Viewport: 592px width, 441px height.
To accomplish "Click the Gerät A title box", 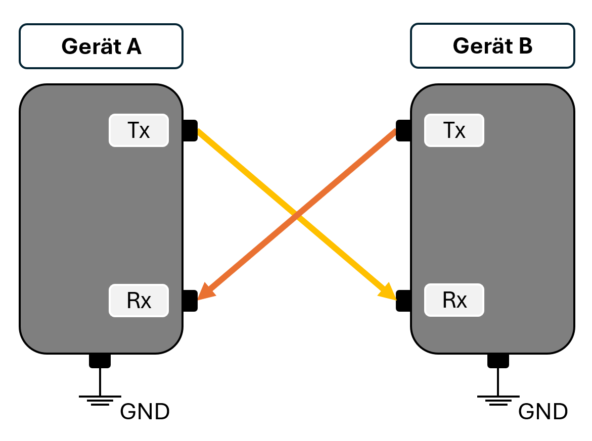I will click(x=101, y=46).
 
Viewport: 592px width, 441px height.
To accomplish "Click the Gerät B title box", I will click(x=492, y=46).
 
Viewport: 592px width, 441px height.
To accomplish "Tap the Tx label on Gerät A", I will click(x=139, y=130).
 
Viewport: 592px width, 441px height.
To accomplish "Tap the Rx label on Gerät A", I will click(x=139, y=301).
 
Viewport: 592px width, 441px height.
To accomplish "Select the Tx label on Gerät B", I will click(x=454, y=130).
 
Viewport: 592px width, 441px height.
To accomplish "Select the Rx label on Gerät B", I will click(x=454, y=300).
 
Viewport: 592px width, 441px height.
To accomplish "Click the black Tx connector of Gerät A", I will click(x=190, y=130).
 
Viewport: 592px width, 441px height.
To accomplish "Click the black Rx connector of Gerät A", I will click(x=190, y=301).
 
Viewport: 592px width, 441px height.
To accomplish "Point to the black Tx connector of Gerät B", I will click(x=403, y=130).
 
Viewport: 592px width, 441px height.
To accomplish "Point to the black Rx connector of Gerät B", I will click(x=403, y=301).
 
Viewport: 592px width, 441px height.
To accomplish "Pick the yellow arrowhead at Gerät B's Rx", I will click(x=388, y=292).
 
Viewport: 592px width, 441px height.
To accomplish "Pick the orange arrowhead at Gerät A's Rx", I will click(x=206, y=291).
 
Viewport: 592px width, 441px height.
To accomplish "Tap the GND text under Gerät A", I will click(x=145, y=412).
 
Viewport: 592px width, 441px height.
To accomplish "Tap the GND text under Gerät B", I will click(x=543, y=412).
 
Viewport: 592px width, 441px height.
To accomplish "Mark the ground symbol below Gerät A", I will click(x=100, y=400).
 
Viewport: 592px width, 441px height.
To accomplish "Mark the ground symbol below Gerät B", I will click(x=498, y=400).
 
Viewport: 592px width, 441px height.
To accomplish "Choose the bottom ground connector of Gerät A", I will click(x=100, y=360).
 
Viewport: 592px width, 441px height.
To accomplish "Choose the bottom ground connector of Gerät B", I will click(x=498, y=360).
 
